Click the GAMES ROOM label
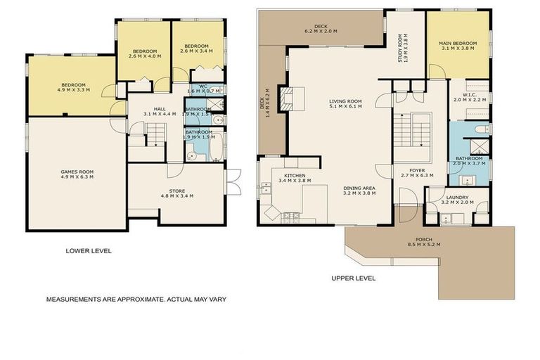77,171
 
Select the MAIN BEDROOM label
460,44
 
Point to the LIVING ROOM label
345,101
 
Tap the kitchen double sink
266,188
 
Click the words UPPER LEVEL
353,278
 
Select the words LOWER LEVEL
88,251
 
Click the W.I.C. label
470,95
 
